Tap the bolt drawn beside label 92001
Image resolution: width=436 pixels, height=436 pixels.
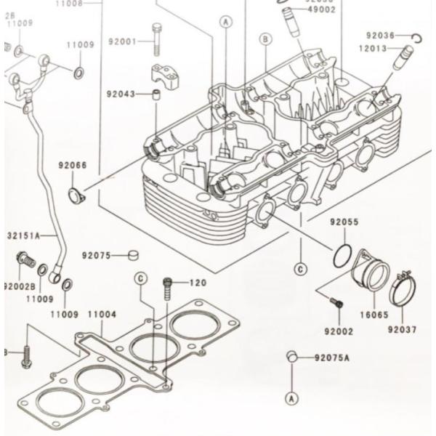pyautogui.click(x=156, y=39)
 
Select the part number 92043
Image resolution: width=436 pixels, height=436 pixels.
pyautogui.click(x=121, y=94)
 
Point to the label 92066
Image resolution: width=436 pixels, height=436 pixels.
pyautogui.click(x=72, y=166)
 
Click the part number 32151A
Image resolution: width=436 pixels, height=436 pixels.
pyautogui.click(x=25, y=235)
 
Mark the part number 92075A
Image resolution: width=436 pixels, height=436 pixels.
pyautogui.click(x=331, y=358)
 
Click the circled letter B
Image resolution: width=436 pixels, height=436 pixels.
pyautogui.click(x=266, y=38)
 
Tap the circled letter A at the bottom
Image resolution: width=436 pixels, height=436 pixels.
pyautogui.click(x=291, y=398)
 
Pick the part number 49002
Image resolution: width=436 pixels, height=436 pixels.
pyautogui.click(x=321, y=10)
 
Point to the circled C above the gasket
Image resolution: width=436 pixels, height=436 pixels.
pyautogui.click(x=142, y=280)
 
